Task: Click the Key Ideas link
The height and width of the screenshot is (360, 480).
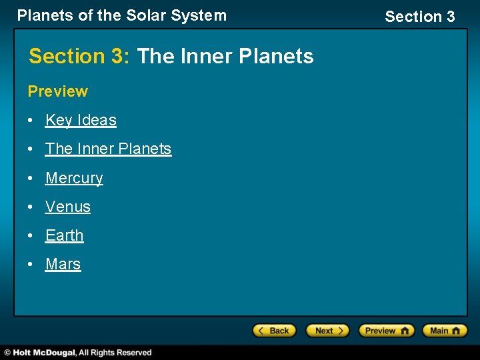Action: coord(81,120)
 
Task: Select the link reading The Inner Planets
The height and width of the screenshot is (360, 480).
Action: coord(108,149)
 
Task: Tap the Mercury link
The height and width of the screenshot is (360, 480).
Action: coord(74,178)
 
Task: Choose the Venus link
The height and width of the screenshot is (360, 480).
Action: coord(67,207)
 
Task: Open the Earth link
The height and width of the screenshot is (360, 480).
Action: coord(64,235)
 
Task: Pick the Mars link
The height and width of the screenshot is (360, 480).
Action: coord(63,264)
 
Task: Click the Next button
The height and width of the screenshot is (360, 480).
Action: coord(327,331)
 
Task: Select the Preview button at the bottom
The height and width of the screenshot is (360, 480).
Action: coord(386,331)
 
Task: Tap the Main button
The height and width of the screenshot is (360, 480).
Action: coord(446,331)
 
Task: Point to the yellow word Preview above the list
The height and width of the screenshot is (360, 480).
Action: coord(57,91)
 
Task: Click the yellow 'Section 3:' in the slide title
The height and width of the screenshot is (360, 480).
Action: coord(79,56)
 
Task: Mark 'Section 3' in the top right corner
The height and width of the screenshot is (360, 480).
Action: coord(419,16)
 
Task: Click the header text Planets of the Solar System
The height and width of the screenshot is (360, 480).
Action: coord(121,15)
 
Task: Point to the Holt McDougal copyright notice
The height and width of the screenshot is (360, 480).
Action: coord(77,353)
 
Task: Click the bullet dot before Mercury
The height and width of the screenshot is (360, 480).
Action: coord(31,179)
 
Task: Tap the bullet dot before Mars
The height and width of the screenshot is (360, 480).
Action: coord(31,265)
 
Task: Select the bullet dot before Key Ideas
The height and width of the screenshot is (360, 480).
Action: coord(31,121)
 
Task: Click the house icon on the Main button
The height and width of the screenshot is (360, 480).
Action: coord(458,331)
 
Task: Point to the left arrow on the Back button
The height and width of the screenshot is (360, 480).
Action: coord(262,331)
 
